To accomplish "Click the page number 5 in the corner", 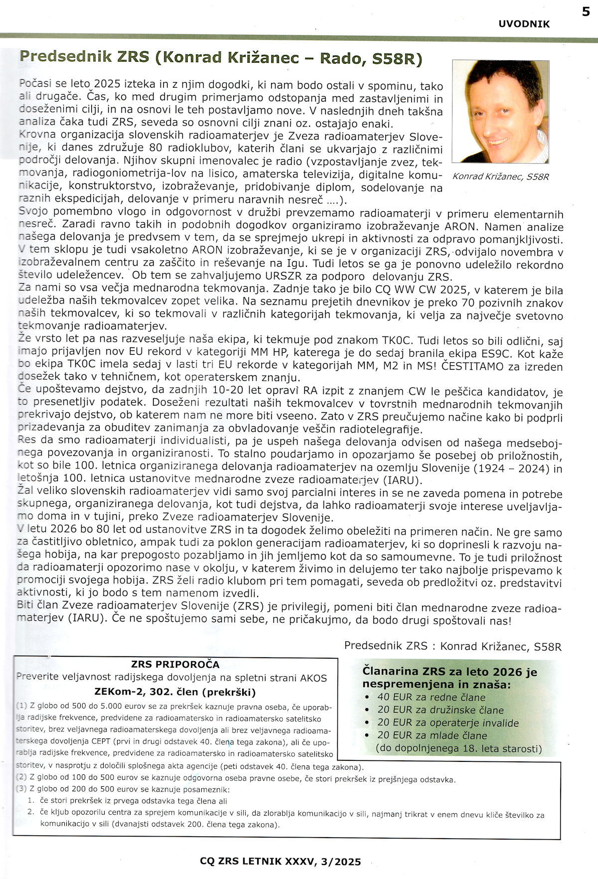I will (x=586, y=11).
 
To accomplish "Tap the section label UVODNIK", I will (x=524, y=24).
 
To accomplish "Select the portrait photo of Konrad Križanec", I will (x=500, y=112).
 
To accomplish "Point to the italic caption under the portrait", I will (x=500, y=177).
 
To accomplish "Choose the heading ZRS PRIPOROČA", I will (x=175, y=664).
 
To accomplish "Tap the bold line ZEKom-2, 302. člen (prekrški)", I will (x=175, y=692).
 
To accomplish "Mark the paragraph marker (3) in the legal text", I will (x=21, y=789).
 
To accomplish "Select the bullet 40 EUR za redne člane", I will (x=431, y=697).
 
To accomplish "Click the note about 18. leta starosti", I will (x=458, y=748).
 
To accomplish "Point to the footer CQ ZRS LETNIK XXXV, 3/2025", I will (x=280, y=861).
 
